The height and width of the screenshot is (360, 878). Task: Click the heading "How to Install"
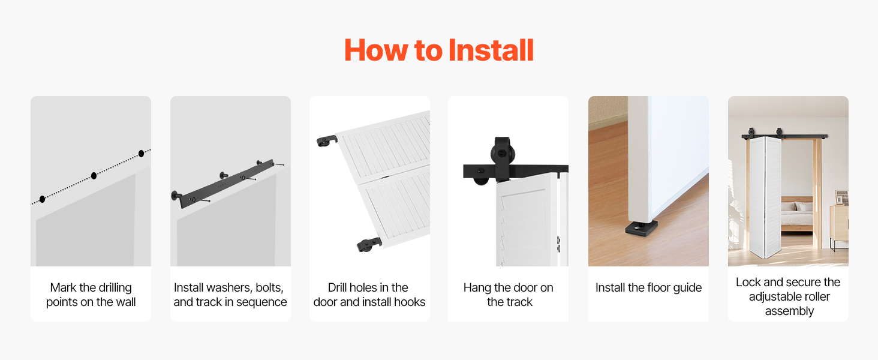pyautogui.click(x=439, y=50)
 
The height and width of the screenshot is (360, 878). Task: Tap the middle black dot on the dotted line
pyautogui.click(x=94, y=176)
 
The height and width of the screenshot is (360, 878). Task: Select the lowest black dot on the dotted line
pyautogui.click(x=43, y=199)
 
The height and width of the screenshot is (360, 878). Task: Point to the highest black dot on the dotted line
pyautogui.click(x=141, y=154)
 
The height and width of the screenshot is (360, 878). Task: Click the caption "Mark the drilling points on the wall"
pyautogui.click(x=91, y=295)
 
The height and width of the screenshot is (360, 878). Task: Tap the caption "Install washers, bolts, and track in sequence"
pyautogui.click(x=230, y=295)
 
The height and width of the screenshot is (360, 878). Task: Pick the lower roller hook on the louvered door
pyautogui.click(x=369, y=244)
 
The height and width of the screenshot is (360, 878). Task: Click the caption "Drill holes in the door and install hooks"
pyautogui.click(x=369, y=295)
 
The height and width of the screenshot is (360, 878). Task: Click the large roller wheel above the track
pyautogui.click(x=503, y=154)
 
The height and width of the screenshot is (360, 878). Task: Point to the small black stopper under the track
pyautogui.click(x=481, y=181)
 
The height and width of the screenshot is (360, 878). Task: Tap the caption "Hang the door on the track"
pyautogui.click(x=509, y=295)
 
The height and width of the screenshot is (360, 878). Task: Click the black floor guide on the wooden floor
pyautogui.click(x=641, y=228)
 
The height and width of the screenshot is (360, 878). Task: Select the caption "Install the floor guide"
pyautogui.click(x=648, y=287)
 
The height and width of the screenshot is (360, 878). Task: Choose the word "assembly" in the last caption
pyautogui.click(x=789, y=311)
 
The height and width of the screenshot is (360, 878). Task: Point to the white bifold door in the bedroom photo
pyautogui.click(x=765, y=196)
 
